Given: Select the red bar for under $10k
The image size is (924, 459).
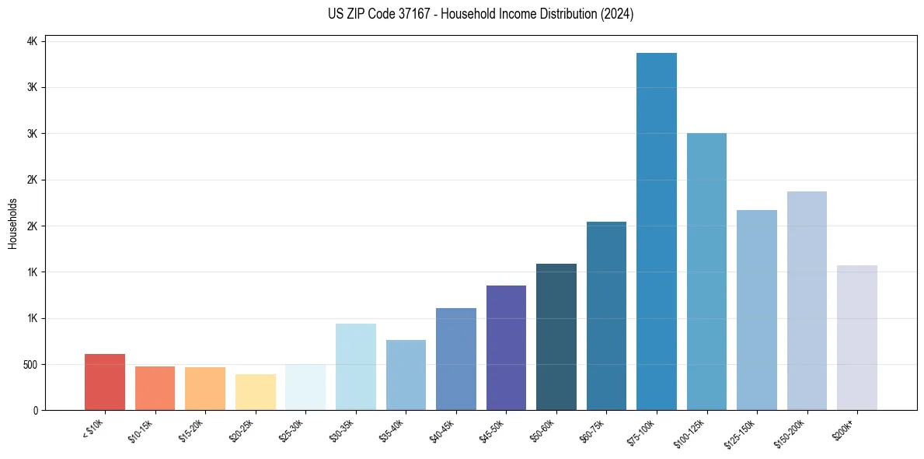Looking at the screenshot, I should (105, 382).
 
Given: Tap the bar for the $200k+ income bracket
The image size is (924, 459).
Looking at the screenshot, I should (857, 338).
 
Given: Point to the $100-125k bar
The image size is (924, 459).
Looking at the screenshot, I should (706, 272).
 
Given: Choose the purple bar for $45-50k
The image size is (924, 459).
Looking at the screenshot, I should (506, 348).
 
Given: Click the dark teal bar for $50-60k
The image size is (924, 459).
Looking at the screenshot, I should (556, 337).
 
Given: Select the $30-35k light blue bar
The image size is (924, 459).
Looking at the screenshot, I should (356, 366).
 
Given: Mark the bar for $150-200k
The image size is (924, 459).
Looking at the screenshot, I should (807, 300).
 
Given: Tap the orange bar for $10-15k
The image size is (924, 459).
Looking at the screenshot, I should (155, 388).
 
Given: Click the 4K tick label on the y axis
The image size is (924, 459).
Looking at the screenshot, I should (33, 41).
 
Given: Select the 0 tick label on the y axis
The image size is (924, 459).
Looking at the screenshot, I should (35, 410).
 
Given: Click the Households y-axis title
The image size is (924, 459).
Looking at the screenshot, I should (13, 223).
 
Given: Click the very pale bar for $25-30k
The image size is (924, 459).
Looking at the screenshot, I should (305, 387).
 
